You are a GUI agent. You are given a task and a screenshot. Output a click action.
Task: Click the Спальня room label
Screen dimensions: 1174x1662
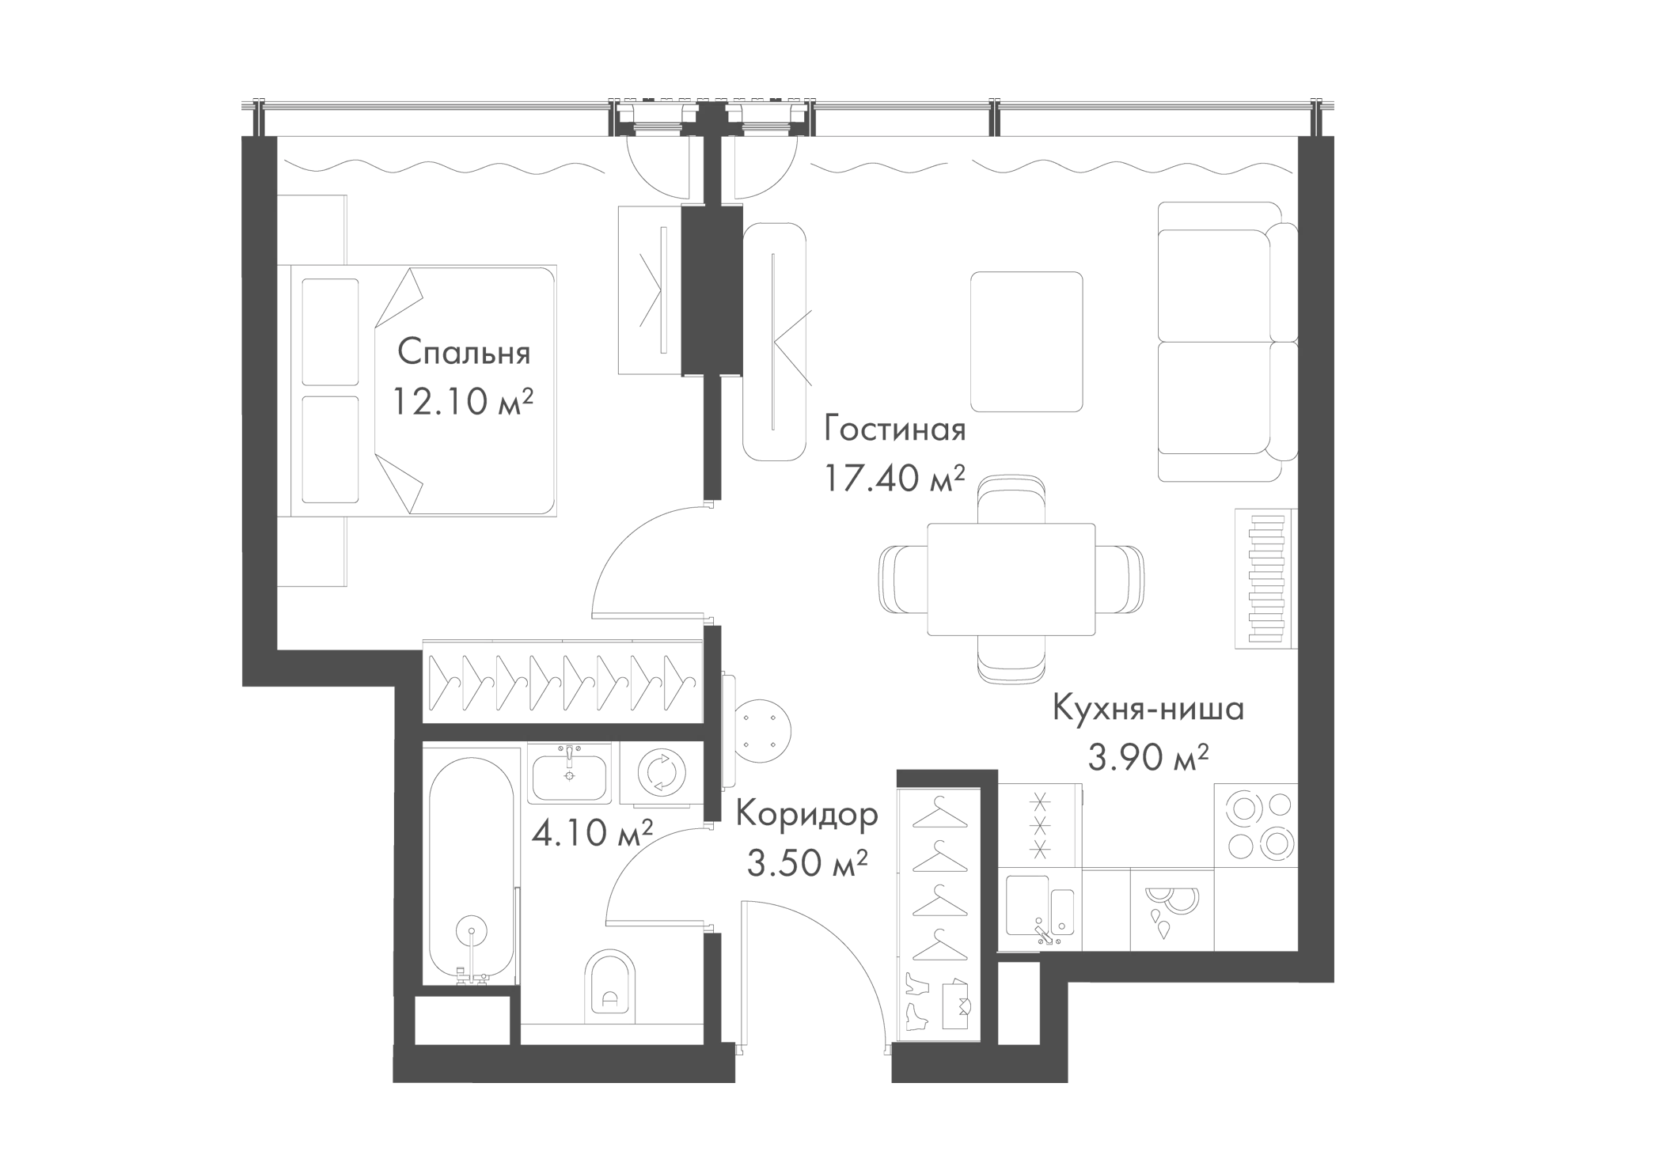[463, 353]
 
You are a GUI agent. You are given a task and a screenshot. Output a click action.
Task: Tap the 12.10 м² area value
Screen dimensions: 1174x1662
[463, 403]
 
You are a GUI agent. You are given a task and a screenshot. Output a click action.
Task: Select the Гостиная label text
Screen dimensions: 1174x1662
[894, 430]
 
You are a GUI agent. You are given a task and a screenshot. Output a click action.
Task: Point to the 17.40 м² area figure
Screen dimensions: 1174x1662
[894, 478]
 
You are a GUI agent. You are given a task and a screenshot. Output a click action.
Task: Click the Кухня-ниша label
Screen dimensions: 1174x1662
[1148, 709]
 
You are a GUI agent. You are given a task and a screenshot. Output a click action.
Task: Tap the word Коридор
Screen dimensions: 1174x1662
[806, 814]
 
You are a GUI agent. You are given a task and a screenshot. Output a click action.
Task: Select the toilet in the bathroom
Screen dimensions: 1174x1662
[609, 984]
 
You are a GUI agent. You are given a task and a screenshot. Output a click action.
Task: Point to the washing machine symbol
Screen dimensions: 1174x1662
[659, 774]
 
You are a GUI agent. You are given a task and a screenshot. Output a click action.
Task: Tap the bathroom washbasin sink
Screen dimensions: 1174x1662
[569, 775]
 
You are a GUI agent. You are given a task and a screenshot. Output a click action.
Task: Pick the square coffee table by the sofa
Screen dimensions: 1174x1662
[1026, 342]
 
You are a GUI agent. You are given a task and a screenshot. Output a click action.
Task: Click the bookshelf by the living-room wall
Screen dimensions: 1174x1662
[1264, 578]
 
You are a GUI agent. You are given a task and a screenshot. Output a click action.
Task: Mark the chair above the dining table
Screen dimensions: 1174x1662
[1011, 498]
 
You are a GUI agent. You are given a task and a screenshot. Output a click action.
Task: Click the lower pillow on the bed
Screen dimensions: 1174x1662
[330, 449]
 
